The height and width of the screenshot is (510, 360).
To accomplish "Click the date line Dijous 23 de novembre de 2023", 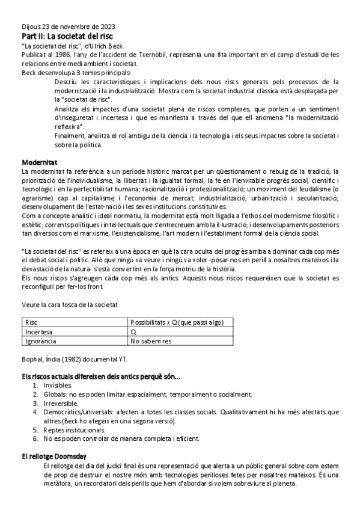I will [x=69, y=26].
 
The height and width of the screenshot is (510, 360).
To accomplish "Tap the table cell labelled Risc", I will [x=31, y=322].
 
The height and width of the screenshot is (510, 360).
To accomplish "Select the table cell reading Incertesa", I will [x=39, y=331].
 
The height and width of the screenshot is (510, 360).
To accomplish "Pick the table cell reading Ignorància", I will [x=41, y=340].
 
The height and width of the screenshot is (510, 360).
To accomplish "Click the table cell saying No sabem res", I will [x=151, y=340].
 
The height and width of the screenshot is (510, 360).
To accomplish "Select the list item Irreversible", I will [x=61, y=403].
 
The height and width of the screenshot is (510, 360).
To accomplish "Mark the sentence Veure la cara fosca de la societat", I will [x=70, y=305].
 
